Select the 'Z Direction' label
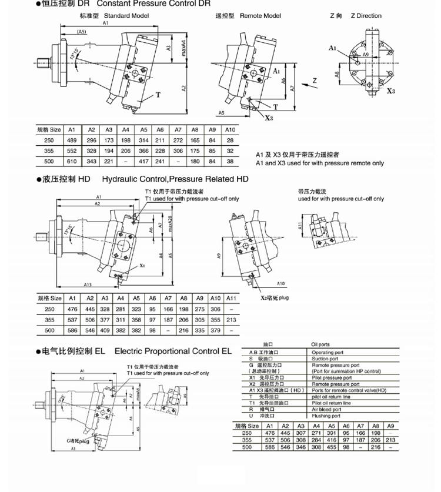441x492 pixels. pos(366,16)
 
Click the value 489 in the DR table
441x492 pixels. pos(72,140)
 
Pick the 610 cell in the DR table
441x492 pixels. pos(72,161)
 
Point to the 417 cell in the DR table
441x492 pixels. pos(143,161)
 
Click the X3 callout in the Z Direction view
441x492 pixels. pos(391,92)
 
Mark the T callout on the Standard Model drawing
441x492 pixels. pos(158,94)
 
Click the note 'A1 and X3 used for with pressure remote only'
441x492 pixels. pos(320,163)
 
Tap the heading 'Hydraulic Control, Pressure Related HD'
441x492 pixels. pos(175,179)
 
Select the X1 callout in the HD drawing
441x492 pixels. pos(143,266)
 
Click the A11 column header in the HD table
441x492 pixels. pos(231,299)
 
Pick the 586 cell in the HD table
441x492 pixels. pos(72,329)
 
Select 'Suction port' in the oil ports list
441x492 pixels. pos(325,359)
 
